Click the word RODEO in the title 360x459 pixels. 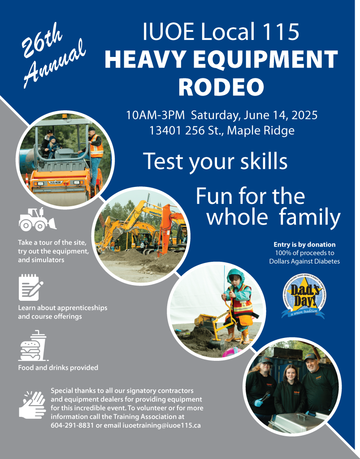point(221,87)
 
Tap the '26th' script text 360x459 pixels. point(42,40)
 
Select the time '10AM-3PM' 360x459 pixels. point(155,115)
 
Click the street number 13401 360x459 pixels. point(165,130)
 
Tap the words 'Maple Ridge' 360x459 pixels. point(261,131)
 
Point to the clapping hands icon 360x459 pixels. point(32,405)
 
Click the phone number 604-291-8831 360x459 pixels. point(72,425)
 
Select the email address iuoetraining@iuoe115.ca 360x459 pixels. point(161,425)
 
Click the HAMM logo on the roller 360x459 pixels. point(55,182)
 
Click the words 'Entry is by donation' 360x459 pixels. point(305,245)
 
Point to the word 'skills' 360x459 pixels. point(264,161)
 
